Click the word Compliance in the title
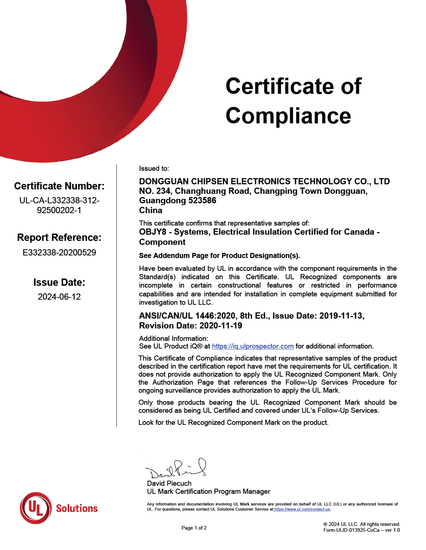(x=288, y=116)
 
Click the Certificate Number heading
(x=59, y=186)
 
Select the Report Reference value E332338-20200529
(x=59, y=253)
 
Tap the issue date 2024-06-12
(x=59, y=297)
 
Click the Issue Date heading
(x=59, y=282)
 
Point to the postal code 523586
(x=202, y=201)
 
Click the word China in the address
(x=151, y=211)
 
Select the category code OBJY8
(x=153, y=232)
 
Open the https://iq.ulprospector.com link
(x=253, y=346)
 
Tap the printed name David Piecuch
(x=169, y=483)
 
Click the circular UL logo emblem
(x=35, y=508)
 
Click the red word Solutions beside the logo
(x=77, y=508)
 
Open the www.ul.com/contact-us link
(x=302, y=509)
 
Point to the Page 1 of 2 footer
(x=194, y=528)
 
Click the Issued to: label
(x=154, y=169)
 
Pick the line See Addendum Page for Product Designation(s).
(x=219, y=256)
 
